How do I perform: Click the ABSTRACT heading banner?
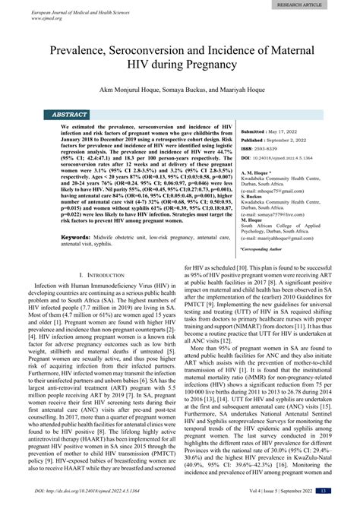[x=71, y=114]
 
